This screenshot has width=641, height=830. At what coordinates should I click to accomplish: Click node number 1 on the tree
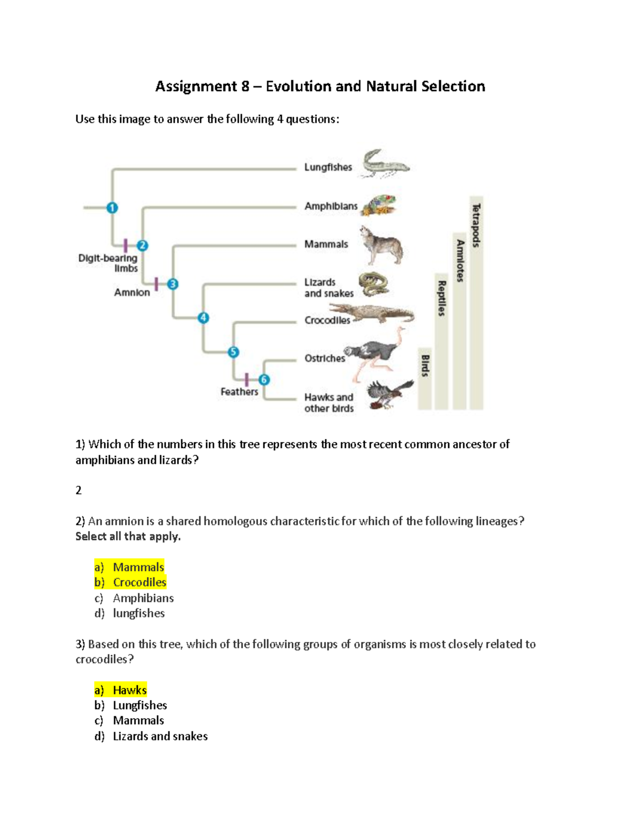[112, 207]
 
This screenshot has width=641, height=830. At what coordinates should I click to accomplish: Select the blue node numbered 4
[203, 318]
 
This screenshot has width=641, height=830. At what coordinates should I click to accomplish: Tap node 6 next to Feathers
[264, 379]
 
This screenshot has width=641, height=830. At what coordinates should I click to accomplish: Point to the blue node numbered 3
[173, 284]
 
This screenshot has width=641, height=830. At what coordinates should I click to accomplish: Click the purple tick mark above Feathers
[246, 379]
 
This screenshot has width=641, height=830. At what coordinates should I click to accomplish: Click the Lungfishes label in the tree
[328, 167]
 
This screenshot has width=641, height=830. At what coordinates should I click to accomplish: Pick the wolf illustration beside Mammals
[381, 245]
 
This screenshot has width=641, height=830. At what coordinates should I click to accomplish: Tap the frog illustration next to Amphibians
[379, 205]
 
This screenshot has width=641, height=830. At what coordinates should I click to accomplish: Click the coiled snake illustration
[373, 284]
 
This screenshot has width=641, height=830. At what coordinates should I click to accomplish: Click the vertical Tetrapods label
[476, 225]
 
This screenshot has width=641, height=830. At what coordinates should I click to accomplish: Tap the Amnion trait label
[132, 292]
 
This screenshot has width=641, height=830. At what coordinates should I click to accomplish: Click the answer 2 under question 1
[79, 491]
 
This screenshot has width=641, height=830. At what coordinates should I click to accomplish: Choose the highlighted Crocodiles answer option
[139, 582]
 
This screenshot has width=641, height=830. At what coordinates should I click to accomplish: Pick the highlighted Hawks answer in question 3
[129, 690]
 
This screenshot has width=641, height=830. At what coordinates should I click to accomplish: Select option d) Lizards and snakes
[160, 736]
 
